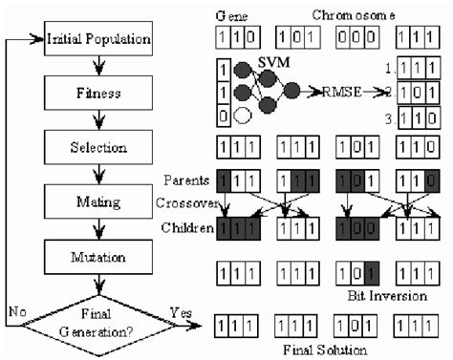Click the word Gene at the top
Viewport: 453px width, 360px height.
coord(230,17)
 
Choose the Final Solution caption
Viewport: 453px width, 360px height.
coord(326,349)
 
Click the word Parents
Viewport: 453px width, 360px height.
coord(187,180)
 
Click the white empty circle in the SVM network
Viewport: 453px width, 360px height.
coord(243,116)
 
